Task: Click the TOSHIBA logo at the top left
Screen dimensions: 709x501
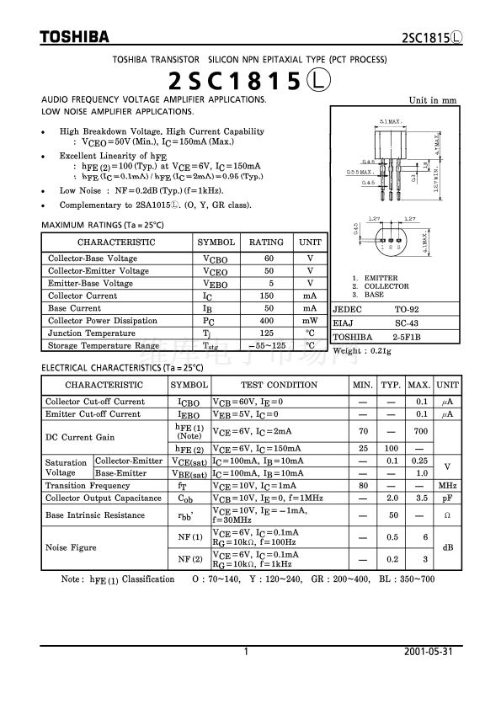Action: point(74,37)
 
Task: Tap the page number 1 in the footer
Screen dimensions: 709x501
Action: point(246,653)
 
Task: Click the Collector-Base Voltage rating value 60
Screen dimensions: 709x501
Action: point(269,258)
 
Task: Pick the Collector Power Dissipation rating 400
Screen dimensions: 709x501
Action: point(269,321)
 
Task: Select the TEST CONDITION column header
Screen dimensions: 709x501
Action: point(279,385)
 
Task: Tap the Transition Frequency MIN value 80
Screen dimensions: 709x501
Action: point(364,486)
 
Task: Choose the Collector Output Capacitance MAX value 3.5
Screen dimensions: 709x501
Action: point(418,498)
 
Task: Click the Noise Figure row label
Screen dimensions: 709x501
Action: point(71,547)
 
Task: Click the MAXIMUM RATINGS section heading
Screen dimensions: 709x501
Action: point(102,226)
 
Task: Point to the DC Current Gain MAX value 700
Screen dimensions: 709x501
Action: point(418,431)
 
